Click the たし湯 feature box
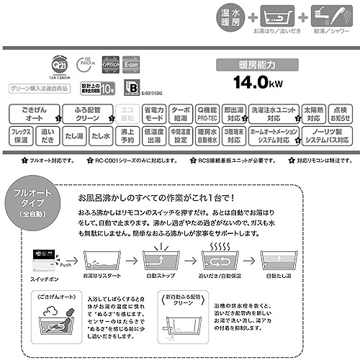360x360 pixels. pyautogui.click(x=74, y=136)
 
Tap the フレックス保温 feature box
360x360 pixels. pyautogui.click(x=22, y=136)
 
